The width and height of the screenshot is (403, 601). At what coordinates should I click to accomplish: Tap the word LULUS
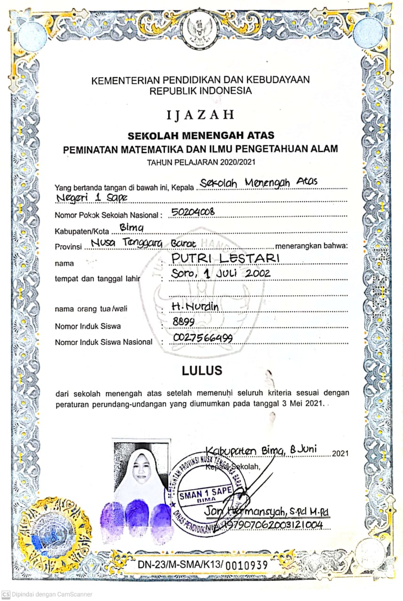(202, 370)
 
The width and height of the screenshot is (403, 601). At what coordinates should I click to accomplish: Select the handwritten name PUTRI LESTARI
(225, 258)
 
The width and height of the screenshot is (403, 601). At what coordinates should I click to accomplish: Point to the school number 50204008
(193, 212)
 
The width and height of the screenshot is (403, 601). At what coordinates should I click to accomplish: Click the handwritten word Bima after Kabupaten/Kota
(131, 228)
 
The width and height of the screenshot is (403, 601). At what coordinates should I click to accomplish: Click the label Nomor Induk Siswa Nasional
(103, 342)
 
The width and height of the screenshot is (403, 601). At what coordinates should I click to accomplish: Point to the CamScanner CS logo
(6, 594)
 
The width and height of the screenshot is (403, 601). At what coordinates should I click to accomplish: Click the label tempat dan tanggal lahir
(98, 279)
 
